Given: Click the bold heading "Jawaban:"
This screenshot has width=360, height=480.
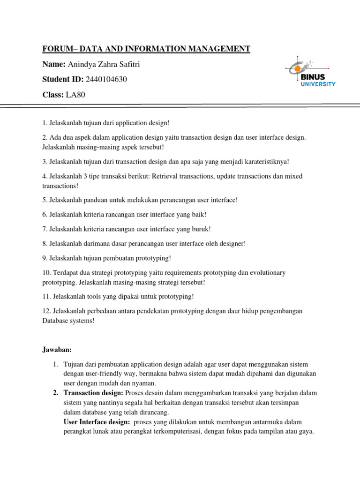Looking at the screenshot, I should [x=55, y=349].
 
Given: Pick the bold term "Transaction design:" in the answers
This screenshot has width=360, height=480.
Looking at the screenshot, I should [x=93, y=392].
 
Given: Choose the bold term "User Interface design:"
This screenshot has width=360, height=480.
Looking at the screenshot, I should [x=97, y=422].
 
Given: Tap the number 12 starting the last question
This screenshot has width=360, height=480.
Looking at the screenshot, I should [x=45, y=311].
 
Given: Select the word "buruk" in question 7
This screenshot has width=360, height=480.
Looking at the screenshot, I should [x=199, y=229].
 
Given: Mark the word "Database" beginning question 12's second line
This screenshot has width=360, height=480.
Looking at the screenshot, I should [x=55, y=321].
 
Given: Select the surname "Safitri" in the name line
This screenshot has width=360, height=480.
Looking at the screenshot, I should [x=129, y=64].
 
